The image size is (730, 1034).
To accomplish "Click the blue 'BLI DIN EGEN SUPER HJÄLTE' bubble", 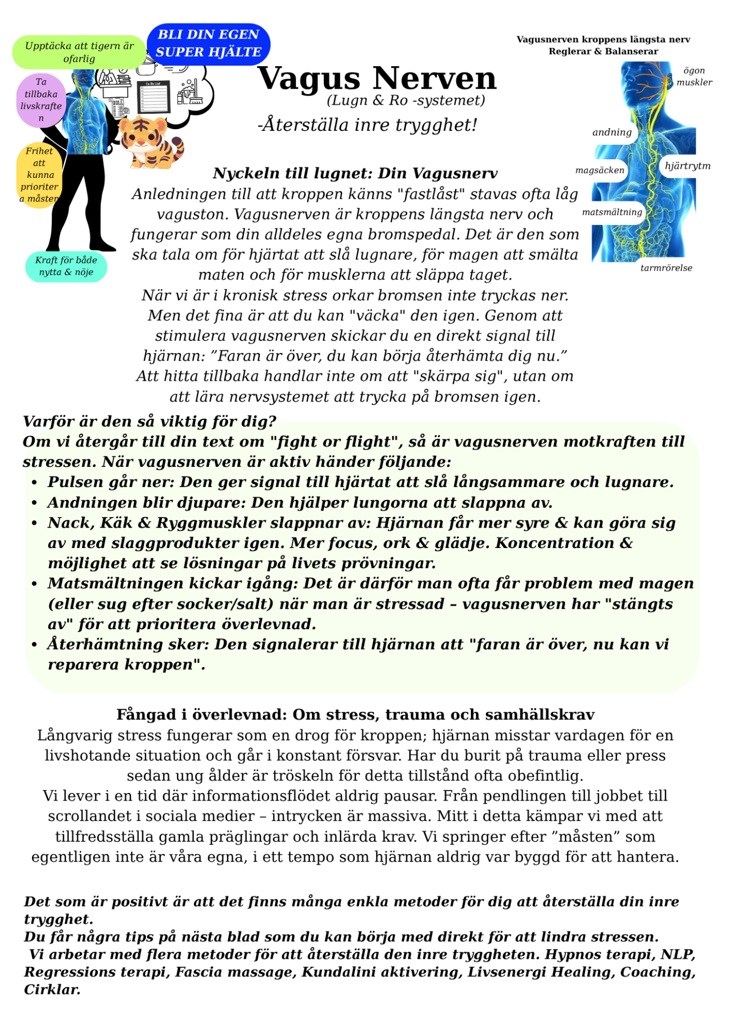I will [208, 44].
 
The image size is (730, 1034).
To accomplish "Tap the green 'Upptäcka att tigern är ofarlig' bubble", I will [79, 52].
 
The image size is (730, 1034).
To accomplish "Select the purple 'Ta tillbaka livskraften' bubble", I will [41, 100].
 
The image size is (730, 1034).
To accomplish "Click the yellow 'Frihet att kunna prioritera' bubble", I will [39, 175].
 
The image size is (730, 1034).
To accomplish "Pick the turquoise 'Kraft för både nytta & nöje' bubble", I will [66, 266].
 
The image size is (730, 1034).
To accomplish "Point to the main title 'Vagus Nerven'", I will [377, 79].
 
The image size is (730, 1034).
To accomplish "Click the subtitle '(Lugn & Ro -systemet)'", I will [406, 100].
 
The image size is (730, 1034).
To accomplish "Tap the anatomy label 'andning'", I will [612, 132].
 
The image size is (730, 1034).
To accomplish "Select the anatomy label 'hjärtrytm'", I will [687, 166].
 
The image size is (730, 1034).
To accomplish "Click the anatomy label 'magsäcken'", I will [600, 170].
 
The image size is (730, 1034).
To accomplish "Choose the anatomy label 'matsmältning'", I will [612, 212].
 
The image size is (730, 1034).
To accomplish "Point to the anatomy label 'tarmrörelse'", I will [666, 268].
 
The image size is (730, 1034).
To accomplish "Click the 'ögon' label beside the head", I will [694, 70].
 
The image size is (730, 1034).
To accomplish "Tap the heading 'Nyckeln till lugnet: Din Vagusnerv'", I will [355, 174].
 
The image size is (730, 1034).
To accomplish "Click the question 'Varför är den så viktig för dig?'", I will [150, 421].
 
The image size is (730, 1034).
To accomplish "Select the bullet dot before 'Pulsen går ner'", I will [34, 483].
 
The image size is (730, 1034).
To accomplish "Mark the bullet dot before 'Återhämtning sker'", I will [34, 645].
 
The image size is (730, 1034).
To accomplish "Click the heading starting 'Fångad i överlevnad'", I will [355, 715].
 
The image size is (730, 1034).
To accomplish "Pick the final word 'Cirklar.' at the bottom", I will [52, 990].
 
